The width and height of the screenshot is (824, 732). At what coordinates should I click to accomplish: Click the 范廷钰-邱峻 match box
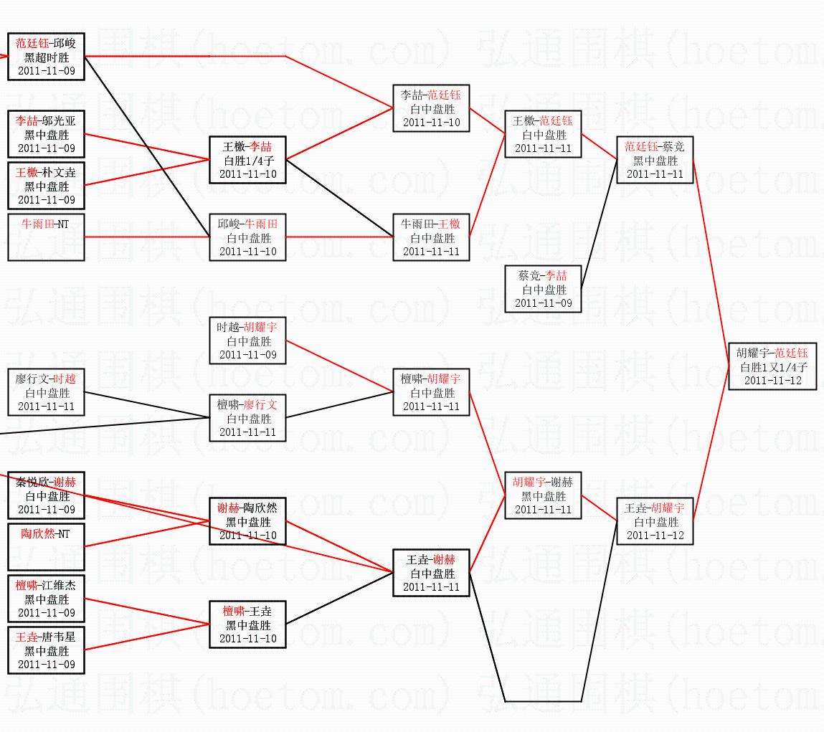(x=47, y=57)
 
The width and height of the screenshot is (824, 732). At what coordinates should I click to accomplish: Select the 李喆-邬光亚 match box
(x=47, y=134)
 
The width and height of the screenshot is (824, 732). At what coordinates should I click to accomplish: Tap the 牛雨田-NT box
(x=47, y=237)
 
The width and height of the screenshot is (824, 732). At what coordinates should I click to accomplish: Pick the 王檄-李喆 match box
(x=247, y=160)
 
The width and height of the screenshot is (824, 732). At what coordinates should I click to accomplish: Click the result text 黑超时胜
(x=47, y=57)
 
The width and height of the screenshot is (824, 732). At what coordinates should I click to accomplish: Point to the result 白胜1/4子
(x=247, y=161)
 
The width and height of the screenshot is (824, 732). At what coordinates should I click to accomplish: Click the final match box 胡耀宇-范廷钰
(x=772, y=366)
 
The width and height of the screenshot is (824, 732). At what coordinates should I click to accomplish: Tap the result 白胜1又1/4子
(x=772, y=367)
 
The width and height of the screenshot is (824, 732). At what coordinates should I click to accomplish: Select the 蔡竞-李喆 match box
(x=543, y=289)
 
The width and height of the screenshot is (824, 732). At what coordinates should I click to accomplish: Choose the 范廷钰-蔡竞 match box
(x=655, y=160)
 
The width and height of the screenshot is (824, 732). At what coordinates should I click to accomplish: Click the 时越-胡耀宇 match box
(x=247, y=341)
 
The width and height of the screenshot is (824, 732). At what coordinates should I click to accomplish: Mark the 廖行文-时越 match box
(x=47, y=392)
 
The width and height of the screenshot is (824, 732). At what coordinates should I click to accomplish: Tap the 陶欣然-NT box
(x=47, y=546)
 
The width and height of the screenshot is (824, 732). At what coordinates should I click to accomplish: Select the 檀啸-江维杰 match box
(x=47, y=599)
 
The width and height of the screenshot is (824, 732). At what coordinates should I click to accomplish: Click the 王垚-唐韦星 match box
(x=47, y=650)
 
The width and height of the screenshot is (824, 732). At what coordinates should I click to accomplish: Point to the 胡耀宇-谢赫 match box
(x=543, y=495)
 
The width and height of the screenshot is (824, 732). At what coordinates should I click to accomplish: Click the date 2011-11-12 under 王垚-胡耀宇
(x=655, y=536)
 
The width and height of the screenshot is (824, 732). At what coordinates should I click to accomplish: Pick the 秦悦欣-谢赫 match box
(x=47, y=495)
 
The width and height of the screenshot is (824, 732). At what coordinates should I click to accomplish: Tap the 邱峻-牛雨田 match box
(x=247, y=237)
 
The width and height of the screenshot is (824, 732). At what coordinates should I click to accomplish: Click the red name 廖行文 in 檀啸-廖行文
(x=260, y=405)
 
